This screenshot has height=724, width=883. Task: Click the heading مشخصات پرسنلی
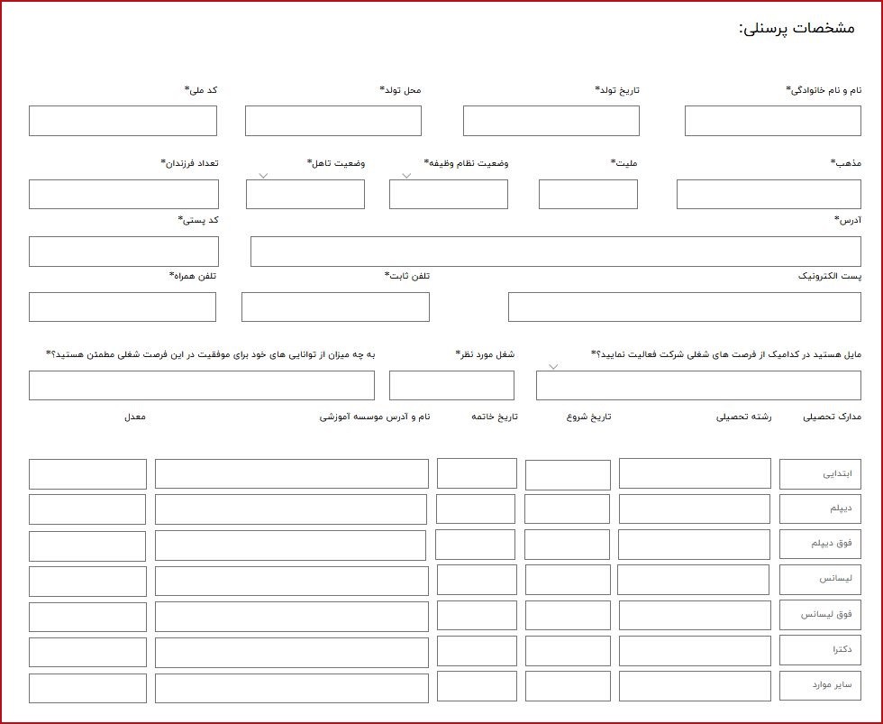pyautogui.click(x=796, y=28)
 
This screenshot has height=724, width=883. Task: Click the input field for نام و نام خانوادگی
pyautogui.click(x=772, y=121)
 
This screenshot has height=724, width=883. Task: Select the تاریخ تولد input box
pyautogui.click(x=551, y=121)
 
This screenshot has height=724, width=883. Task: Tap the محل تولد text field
pyautogui.click(x=332, y=121)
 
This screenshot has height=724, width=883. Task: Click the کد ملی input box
pyautogui.click(x=123, y=121)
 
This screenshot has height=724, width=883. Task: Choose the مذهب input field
pyautogui.click(x=768, y=195)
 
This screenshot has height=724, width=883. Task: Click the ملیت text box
pyautogui.click(x=587, y=195)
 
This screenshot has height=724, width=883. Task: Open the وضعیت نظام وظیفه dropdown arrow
pyautogui.click(x=406, y=176)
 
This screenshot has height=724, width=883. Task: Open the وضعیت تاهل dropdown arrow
pyautogui.click(x=263, y=176)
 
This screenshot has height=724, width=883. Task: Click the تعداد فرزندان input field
pyautogui.click(x=123, y=195)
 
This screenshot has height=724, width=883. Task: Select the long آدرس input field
pyautogui.click(x=555, y=252)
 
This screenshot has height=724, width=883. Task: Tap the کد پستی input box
pyautogui.click(x=123, y=252)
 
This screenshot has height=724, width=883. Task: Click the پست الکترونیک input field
pyautogui.click(x=684, y=307)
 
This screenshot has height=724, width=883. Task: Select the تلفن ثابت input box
pyautogui.click(x=335, y=307)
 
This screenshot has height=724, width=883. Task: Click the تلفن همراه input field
pyautogui.click(x=123, y=307)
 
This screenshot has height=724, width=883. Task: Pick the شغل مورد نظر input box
pyautogui.click(x=451, y=385)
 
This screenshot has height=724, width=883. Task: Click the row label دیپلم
pyautogui.click(x=819, y=509)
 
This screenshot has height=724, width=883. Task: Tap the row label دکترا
pyautogui.click(x=819, y=650)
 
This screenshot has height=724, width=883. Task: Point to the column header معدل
pyautogui.click(x=135, y=417)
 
